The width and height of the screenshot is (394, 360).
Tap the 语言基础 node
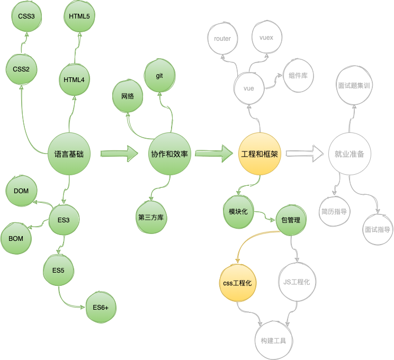[69, 155]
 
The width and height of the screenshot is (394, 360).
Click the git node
[159, 76]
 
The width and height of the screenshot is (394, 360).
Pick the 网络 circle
[128, 97]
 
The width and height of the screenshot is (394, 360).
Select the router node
[222, 39]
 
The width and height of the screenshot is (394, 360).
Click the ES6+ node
[101, 308]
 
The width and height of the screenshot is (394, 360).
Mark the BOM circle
[16, 239]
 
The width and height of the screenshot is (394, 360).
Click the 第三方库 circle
[151, 218]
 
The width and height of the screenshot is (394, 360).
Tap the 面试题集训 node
[353, 84]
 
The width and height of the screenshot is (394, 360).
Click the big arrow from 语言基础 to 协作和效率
[119, 154]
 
